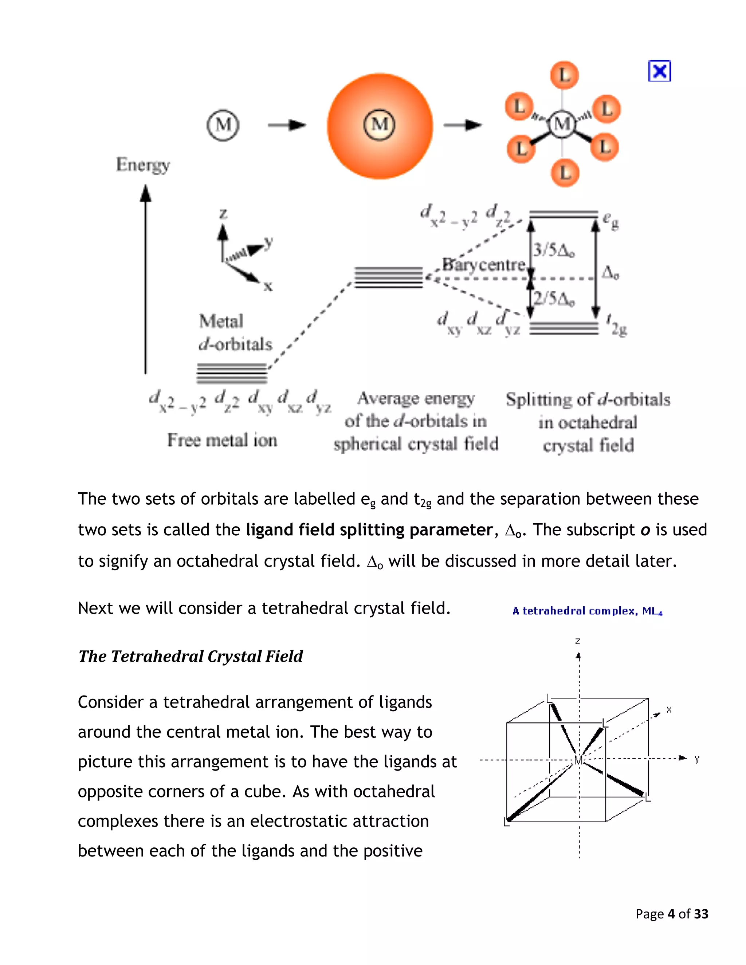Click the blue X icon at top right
[659, 71]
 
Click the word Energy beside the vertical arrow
[143, 165]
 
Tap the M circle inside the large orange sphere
[379, 125]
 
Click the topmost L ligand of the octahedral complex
[564, 75]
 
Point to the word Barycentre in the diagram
[484, 265]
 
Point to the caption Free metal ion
[222, 440]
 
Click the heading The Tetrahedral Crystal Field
[191, 656]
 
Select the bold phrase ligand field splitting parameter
[369, 529]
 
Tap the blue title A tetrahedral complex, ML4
[587, 611]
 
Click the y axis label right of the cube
[697, 759]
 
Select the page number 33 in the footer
[701, 914]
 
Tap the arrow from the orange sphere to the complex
[462, 126]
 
